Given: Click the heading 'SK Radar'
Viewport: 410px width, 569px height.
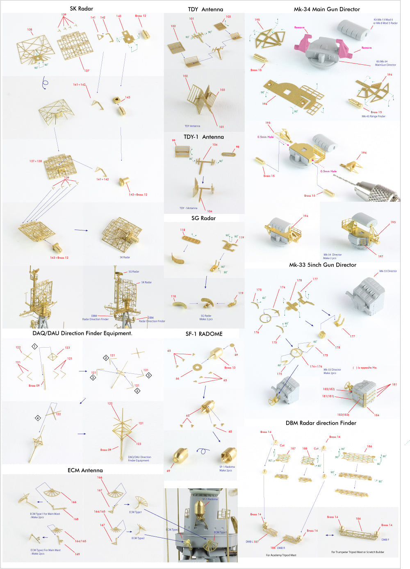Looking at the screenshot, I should click(81, 9).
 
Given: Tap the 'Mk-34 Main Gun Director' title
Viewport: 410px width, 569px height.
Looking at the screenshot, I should click(327, 9).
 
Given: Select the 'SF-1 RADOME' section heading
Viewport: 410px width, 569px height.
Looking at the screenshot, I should click(204, 334).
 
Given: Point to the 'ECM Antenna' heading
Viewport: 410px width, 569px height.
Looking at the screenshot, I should click(85, 470).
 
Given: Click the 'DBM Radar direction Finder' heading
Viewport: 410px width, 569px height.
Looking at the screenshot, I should click(321, 423).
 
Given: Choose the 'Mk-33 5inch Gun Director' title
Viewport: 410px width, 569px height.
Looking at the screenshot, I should click(322, 265).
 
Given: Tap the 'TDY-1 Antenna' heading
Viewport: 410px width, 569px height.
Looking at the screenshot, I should click(203, 137).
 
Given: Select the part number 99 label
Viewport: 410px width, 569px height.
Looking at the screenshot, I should click(173, 140).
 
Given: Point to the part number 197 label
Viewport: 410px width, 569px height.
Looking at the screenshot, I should click(380, 256).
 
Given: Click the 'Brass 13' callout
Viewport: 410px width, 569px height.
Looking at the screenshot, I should click(230, 368).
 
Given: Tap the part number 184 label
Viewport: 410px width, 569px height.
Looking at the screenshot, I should click(376, 415).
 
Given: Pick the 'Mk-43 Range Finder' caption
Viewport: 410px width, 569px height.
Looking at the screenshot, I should click(373, 116).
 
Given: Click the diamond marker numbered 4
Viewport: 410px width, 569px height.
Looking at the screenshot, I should click(38, 418).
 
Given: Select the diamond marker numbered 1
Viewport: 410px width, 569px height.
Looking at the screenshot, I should click(35, 346).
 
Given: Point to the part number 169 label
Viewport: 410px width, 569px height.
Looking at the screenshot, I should click(77, 554).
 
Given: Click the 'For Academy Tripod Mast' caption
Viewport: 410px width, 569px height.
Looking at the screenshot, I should click(281, 555).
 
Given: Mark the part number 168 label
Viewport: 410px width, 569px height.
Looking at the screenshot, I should click(76, 519).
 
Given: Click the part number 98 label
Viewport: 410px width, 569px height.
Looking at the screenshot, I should click(237, 147).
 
